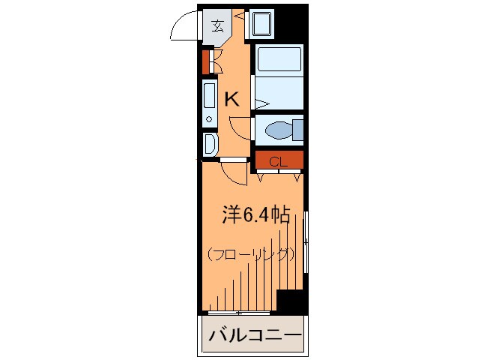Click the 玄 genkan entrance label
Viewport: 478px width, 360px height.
point(217,26)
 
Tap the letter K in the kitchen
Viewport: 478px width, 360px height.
point(232,99)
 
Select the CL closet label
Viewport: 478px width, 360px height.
point(278,161)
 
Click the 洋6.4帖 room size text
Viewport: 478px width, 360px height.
point(255,215)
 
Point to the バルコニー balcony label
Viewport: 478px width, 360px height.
point(254,334)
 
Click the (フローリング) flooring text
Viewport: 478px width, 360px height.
point(251,254)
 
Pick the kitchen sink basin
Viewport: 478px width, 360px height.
point(209,94)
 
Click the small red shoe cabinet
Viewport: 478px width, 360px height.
point(205,61)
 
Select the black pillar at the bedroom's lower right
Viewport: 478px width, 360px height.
point(291,301)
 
